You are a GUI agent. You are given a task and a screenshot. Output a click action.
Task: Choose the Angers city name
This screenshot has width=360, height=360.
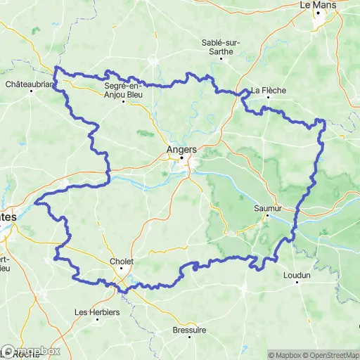click(x=181, y=149)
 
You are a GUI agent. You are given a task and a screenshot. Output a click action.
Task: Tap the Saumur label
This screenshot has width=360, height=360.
click(x=268, y=208)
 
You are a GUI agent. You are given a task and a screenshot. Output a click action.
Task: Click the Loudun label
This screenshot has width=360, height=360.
click(x=297, y=276)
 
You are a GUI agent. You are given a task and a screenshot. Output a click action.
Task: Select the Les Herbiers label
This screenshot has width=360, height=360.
click(x=97, y=312)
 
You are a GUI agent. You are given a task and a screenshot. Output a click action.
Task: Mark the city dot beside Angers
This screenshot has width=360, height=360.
click(x=181, y=158)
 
